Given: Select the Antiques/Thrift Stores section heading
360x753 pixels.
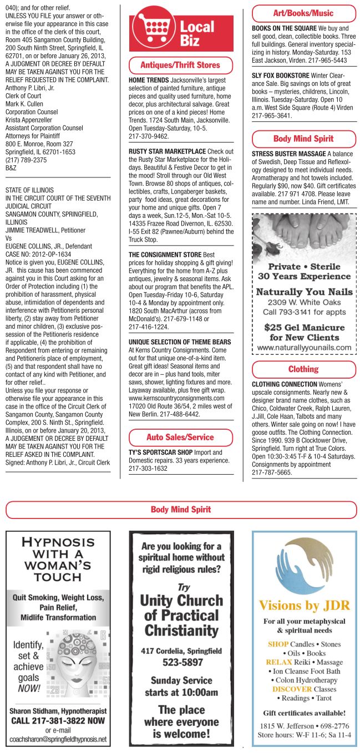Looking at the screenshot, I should click(x=180, y=65).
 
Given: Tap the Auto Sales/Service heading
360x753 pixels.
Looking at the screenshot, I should click(x=180, y=437).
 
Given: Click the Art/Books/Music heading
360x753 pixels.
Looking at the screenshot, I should click(x=303, y=13).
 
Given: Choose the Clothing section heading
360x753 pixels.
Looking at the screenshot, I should click(x=303, y=369).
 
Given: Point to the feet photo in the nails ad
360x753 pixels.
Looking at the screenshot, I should click(x=303, y=232).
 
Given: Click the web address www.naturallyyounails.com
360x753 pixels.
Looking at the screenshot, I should click(x=304, y=348).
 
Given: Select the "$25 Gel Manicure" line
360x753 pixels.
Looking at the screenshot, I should click(x=304, y=327).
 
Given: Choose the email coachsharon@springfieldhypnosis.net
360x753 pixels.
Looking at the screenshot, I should click(x=58, y=739).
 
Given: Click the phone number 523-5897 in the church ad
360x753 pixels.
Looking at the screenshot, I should click(x=182, y=662).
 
